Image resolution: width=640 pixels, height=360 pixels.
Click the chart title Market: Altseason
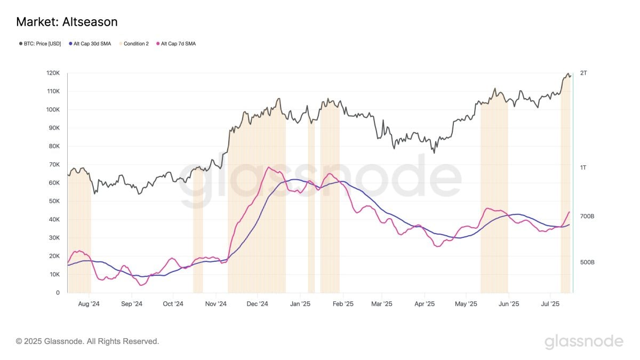pos(67,22)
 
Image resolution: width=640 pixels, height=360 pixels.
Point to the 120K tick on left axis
pos(53,73)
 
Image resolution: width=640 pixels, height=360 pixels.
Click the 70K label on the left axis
pos(54,164)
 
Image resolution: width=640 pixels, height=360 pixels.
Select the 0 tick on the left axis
pos(58,293)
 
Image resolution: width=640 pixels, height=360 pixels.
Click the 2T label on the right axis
pos(583,73)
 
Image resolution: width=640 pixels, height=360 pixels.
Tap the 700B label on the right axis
pos(587,216)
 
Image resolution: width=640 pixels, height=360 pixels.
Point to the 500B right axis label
pos(587,262)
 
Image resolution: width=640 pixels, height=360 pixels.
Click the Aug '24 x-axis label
pos(89,304)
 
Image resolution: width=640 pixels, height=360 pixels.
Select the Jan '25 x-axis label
pos(300,304)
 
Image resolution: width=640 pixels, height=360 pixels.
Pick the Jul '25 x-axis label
pos(550,304)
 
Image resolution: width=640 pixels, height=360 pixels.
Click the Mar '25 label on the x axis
pos(382,304)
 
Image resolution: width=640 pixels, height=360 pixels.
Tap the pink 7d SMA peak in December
pos(269,167)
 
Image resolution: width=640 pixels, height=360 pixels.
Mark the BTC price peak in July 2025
pos(568,74)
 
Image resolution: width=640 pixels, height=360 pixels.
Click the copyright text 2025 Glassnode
pos(87,341)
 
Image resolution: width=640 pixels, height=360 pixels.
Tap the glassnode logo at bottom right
pos(583,341)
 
